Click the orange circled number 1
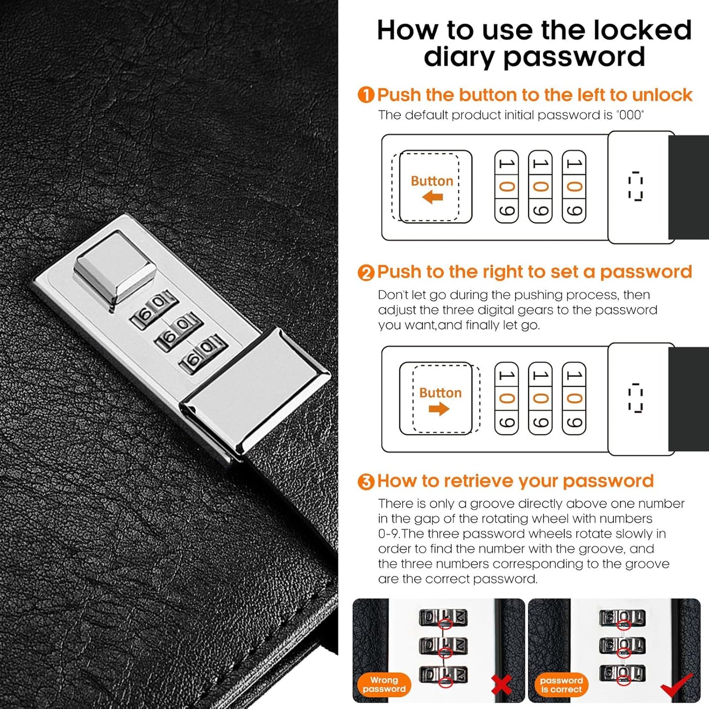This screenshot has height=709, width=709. (x=366, y=95)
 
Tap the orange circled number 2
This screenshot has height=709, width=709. (x=366, y=273)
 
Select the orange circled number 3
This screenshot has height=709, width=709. (x=366, y=482)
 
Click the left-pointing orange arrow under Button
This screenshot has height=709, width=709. (x=432, y=197)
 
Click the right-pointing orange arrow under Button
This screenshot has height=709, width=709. (x=439, y=409)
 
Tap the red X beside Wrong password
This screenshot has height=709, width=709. (x=501, y=685)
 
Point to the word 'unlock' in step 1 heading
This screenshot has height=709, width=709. (x=662, y=95)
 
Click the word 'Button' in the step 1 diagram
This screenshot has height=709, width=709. (x=432, y=181)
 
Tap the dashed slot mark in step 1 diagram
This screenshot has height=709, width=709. (x=635, y=186)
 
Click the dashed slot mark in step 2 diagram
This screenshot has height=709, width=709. (x=635, y=398)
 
